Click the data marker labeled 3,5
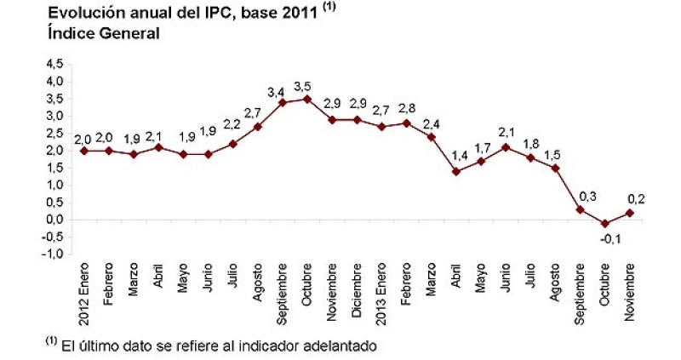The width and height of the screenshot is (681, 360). click(x=306, y=99)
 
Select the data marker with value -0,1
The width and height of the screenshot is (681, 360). click(x=604, y=224)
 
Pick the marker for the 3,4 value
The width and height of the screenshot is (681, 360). click(x=282, y=102)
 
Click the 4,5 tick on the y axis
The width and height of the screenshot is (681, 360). click(x=54, y=64)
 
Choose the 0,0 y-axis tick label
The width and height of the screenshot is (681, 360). click(x=54, y=220)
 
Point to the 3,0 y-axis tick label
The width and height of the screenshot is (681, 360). click(x=54, y=116)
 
